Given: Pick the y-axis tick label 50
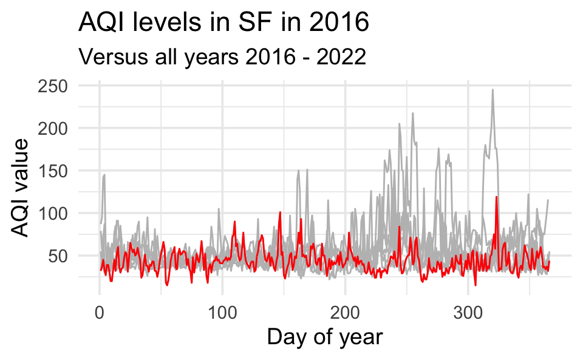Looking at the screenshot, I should click(58, 256).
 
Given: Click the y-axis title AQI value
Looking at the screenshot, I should click(22, 188).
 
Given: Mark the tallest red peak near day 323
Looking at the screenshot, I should click(496, 197).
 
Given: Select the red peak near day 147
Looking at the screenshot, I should click(280, 212).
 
